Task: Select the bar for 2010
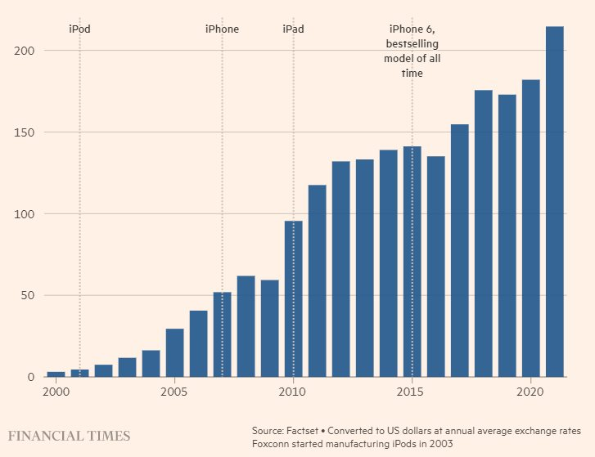[x=293, y=299]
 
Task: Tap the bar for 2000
[x=56, y=374]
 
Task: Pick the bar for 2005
[x=174, y=352]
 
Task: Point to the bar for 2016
[x=435, y=267]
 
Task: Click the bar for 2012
[x=340, y=269]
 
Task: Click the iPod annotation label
[x=79, y=29]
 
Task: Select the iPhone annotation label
[x=222, y=29]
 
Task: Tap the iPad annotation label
[x=293, y=29]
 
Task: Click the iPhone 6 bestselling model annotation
[x=412, y=52]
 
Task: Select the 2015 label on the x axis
[x=412, y=392]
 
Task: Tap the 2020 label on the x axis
[x=530, y=392]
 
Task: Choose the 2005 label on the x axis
[x=174, y=392]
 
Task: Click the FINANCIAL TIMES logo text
[x=70, y=436]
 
